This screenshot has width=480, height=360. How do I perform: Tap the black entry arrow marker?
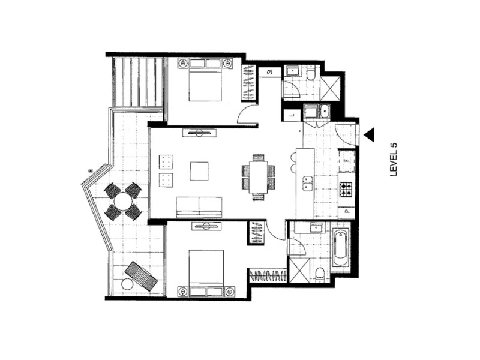coord(368,135)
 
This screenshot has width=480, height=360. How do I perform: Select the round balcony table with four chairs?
coord(123,202)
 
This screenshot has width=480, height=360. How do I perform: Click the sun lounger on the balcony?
coord(140,275)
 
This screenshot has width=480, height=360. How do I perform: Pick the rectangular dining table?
coord(259,178)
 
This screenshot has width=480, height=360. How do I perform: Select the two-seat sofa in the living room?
coord(199,206)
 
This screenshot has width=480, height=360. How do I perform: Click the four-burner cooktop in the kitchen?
coord(347,190)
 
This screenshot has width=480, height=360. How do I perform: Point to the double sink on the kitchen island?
coord(307,183)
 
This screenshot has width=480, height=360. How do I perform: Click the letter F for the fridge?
coord(347,161)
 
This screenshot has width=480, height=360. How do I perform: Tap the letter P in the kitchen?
coord(346,212)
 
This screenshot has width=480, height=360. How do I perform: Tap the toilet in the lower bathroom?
coord(319,274)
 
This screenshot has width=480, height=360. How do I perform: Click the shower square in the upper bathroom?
coord(331,87)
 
